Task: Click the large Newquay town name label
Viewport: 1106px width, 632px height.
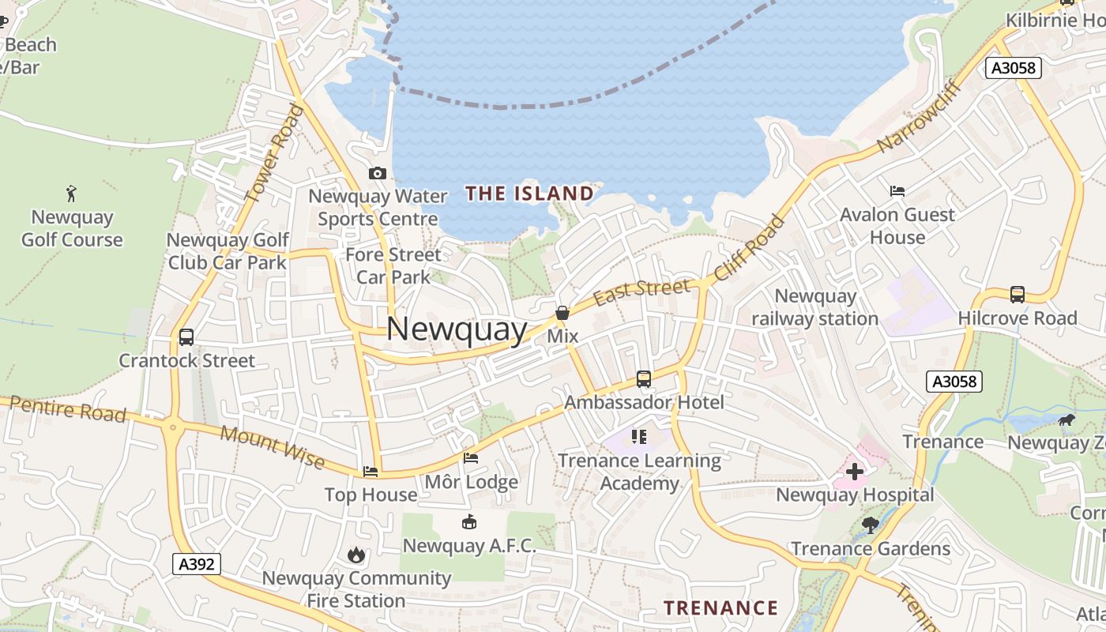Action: (457, 329)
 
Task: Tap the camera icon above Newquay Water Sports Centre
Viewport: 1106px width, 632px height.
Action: (378, 173)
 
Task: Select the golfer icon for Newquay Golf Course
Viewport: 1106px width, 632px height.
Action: (72, 193)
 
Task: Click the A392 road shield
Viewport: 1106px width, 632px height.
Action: (196, 564)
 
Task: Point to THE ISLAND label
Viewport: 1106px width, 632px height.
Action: (529, 194)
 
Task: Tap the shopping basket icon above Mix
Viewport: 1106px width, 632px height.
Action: (562, 314)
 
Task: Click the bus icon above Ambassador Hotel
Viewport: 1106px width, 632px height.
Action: (644, 379)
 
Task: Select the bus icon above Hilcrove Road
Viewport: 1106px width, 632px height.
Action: (1018, 295)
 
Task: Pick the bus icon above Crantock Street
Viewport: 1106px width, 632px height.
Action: (186, 337)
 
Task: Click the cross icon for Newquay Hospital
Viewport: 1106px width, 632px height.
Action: (854, 472)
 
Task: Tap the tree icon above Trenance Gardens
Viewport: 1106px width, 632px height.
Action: (870, 525)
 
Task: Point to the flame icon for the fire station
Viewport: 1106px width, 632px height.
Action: (356, 555)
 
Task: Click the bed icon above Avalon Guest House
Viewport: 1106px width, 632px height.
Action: (897, 191)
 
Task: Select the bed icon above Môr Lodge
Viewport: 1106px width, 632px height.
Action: (471, 458)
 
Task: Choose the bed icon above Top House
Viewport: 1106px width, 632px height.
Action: (371, 472)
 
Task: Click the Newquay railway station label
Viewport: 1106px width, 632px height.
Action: (814, 307)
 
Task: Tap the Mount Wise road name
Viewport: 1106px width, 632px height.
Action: (272, 446)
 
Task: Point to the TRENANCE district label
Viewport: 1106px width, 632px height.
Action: (720, 608)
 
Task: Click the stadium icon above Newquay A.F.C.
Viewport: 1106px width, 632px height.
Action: (469, 522)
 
